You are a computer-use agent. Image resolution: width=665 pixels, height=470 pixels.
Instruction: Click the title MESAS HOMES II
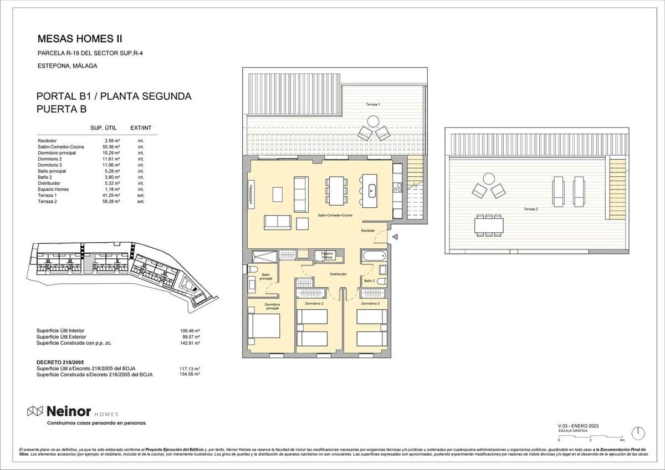pos(79,39)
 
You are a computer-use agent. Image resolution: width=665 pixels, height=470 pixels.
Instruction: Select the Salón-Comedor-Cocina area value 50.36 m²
pos(112,147)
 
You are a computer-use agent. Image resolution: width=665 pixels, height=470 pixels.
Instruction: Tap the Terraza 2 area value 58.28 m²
pos(112,202)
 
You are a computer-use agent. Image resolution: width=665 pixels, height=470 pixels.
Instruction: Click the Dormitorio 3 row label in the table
pos(50,165)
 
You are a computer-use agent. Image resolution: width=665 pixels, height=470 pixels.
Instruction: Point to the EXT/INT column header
pos(141,128)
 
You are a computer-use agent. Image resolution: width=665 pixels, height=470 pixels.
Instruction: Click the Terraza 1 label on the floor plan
pos(373,105)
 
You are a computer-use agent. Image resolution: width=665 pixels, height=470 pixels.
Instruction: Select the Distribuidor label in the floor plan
pos(338,274)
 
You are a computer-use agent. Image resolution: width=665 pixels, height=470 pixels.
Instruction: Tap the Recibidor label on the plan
pos(368,231)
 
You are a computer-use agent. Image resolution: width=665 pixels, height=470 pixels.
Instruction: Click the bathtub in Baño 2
pos(373,256)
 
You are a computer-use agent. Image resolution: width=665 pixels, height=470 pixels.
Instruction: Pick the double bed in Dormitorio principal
pos(264,326)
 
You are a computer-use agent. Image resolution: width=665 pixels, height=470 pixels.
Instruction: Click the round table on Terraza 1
pos(374,121)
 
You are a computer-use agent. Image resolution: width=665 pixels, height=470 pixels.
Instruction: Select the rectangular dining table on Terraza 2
pos(489,226)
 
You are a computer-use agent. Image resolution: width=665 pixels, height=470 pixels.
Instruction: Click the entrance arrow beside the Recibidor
pos(395,237)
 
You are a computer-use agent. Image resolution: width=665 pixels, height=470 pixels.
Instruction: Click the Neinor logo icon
pos(35,411)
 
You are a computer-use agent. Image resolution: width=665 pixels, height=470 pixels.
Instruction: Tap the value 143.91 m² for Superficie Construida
pos(191,343)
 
